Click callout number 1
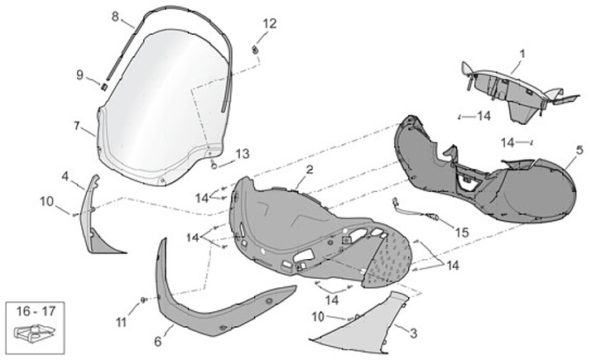(x=522, y=55)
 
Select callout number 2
(x=308, y=170)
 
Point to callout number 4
(x=65, y=175)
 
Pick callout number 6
(x=158, y=340)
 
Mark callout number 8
(x=115, y=16)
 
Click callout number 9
(x=80, y=75)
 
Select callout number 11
(x=122, y=322)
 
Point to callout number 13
(x=241, y=153)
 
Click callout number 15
(x=460, y=233)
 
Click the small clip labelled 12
(x=256, y=51)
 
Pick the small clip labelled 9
(x=104, y=86)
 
